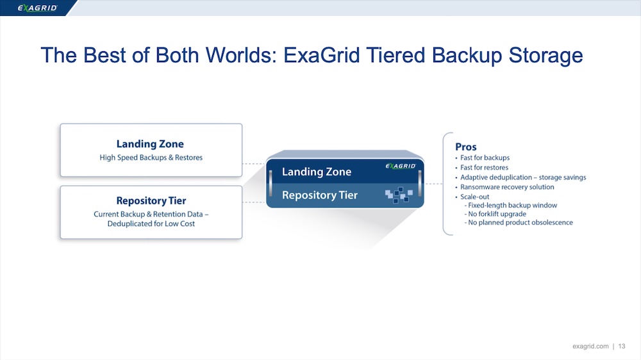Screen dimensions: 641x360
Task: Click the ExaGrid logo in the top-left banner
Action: click(x=37, y=8)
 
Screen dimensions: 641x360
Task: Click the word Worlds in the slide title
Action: click(x=238, y=55)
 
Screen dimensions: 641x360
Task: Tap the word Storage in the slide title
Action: click(x=545, y=56)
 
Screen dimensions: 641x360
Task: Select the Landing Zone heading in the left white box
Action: click(x=150, y=144)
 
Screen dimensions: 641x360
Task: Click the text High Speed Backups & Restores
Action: click(x=151, y=158)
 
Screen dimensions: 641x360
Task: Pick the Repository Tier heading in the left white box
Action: click(x=151, y=200)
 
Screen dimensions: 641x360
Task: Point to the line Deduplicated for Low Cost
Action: click(x=151, y=224)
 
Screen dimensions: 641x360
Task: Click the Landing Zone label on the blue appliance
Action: click(x=317, y=172)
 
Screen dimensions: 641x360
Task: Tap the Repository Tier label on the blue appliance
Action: click(x=320, y=195)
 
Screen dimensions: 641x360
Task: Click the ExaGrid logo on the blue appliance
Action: click(x=400, y=166)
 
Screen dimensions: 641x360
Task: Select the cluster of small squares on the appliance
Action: click(x=399, y=195)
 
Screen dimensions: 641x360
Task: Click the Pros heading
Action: click(x=465, y=147)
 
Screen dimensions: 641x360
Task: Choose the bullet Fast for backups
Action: click(x=485, y=158)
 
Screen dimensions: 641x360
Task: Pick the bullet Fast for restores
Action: click(x=484, y=168)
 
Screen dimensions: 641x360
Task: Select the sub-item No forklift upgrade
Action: click(x=495, y=214)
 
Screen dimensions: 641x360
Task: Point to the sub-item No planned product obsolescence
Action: click(x=519, y=222)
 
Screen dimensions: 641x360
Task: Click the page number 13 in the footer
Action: click(x=622, y=346)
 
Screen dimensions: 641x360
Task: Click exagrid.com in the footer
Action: click(x=590, y=346)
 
